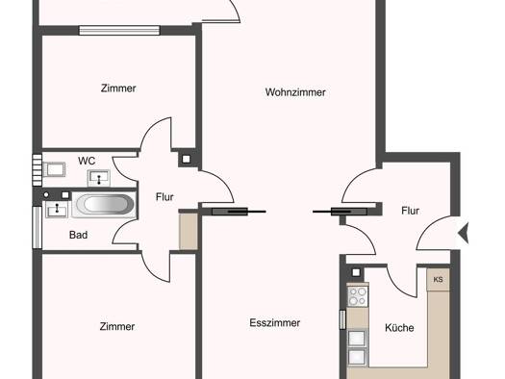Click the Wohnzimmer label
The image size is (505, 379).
[x=295, y=92]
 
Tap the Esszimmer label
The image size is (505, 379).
[x=275, y=322]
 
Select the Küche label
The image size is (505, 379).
[x=399, y=328]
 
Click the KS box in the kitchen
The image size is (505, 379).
[x=438, y=279]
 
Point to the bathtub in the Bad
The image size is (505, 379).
[x=104, y=204]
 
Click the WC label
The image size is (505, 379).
[x=87, y=161]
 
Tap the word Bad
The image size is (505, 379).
[x=78, y=235]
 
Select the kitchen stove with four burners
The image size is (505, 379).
[x=358, y=296]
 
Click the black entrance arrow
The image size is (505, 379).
[x=464, y=232]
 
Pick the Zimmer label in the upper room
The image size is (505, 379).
[x=118, y=88]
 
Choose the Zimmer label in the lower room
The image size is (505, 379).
[x=117, y=326]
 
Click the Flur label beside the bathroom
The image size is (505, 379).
[x=164, y=197]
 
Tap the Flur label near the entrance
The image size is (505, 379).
[x=411, y=211]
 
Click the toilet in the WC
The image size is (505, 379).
[x=54, y=169]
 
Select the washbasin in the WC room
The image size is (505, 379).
[x=99, y=178]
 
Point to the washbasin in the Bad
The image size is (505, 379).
[x=57, y=209]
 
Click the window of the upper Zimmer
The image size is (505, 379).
[x=119, y=30]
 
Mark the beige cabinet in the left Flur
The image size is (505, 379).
[x=189, y=231]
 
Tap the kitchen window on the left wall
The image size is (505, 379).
[x=342, y=319]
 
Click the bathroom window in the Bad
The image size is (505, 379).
[x=38, y=227]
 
